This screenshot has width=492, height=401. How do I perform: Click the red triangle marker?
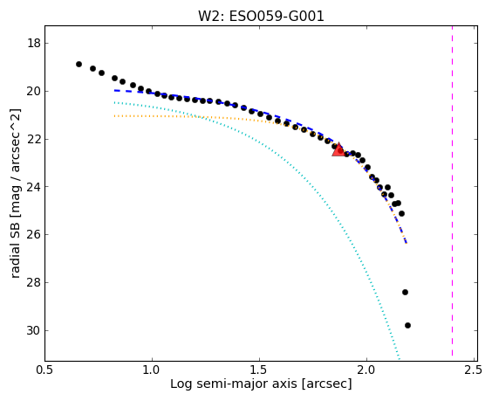tap(338, 150)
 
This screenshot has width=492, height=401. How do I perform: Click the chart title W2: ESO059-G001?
tap(261, 17)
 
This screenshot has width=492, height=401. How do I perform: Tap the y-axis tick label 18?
tap(34, 43)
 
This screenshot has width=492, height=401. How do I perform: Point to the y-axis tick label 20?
tap(34, 91)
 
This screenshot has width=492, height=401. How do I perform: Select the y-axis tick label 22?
tap(34, 139)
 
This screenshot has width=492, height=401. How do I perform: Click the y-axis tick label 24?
tap(34, 187)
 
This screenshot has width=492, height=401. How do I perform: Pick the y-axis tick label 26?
tap(34, 234)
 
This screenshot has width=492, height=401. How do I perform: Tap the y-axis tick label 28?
tap(34, 282)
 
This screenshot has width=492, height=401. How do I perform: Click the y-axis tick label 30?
tap(34, 330)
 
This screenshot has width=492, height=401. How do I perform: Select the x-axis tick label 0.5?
tap(44, 370)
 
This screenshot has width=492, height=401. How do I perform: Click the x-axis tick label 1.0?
tap(152, 370)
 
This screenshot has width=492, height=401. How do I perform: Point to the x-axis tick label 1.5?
tap(259, 370)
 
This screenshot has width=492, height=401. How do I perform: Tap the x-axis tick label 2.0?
tap(366, 370)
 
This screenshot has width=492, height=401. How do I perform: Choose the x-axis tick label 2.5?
tap(474, 370)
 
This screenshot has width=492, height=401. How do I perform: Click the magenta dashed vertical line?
tap(452, 191)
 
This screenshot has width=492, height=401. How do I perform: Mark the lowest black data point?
tap(407, 325)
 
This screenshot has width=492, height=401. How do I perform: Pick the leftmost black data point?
tap(79, 64)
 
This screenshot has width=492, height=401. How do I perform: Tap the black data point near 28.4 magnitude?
tap(405, 293)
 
